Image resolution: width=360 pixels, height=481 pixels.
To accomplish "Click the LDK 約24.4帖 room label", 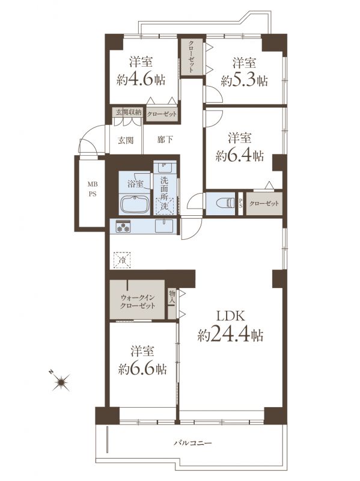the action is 230,326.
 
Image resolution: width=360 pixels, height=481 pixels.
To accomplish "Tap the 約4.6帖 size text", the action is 141,80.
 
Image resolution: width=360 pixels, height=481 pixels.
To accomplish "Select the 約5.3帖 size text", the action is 244,81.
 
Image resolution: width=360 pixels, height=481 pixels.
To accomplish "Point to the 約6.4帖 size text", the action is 240,156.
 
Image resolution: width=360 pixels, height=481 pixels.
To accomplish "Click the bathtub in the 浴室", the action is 135,204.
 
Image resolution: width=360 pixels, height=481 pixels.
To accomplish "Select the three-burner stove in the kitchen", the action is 123,227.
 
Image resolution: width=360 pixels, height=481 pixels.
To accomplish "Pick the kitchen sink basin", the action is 163,227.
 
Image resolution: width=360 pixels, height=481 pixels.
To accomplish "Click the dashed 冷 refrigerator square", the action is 122,260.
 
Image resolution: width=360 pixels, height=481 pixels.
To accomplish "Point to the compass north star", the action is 61,382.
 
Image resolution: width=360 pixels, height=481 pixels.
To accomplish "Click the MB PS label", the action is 93,189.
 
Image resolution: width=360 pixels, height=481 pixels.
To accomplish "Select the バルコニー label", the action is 193,443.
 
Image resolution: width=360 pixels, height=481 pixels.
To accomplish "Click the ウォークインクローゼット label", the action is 138,302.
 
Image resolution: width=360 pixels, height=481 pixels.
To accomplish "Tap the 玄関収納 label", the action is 129,112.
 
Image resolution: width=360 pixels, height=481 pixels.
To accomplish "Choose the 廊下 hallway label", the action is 165,140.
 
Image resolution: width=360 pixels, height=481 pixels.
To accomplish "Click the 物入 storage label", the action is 172,298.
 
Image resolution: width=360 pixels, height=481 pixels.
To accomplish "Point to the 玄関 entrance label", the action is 126,141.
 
